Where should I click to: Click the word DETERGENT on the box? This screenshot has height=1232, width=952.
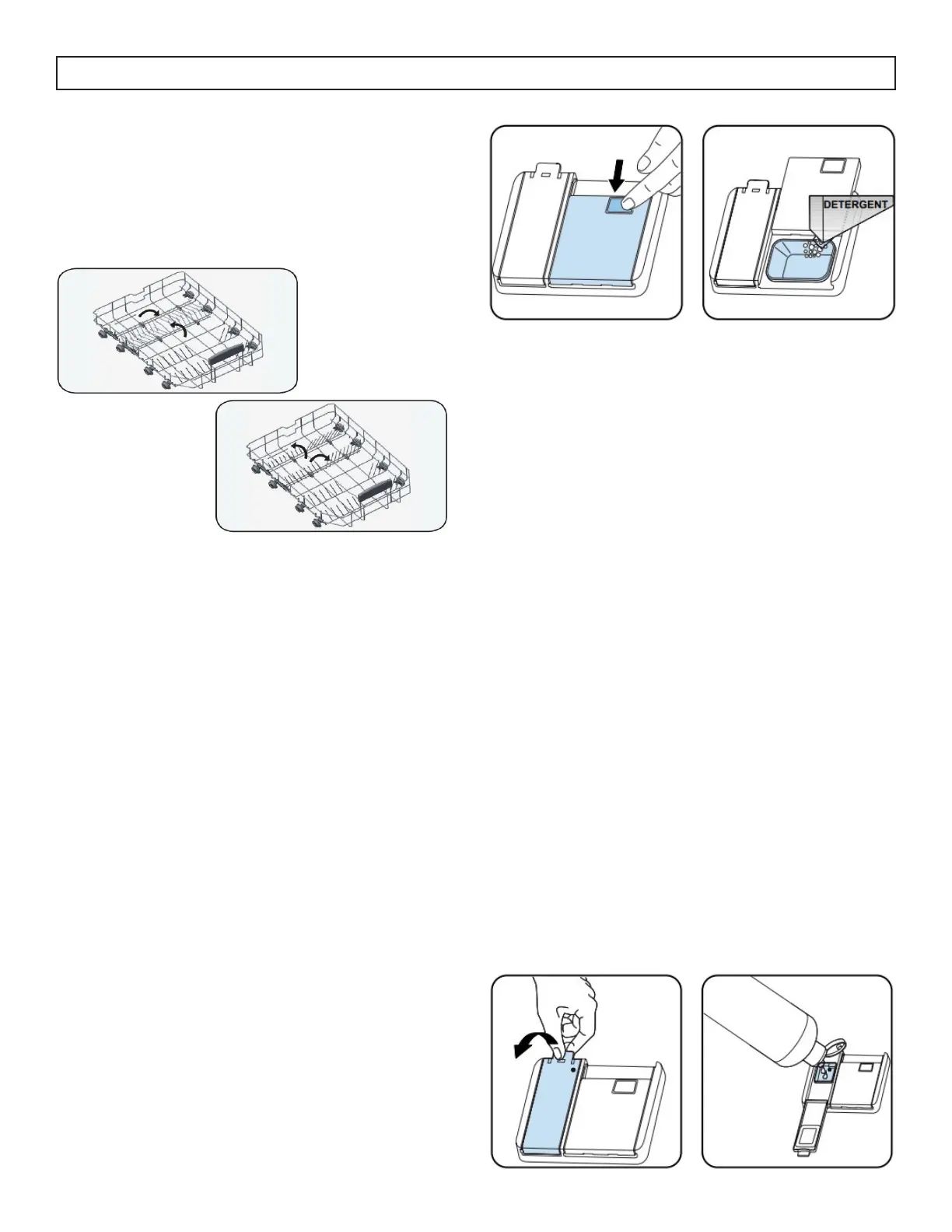(x=856, y=205)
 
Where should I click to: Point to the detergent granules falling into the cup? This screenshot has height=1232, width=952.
(x=812, y=247)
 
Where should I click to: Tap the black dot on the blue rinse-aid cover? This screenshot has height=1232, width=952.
(x=573, y=1070)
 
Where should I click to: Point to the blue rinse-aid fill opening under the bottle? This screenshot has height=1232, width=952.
(x=825, y=1073)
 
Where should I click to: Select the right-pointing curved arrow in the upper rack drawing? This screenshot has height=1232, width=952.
(x=148, y=310)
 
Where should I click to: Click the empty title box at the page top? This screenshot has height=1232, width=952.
(x=476, y=73)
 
